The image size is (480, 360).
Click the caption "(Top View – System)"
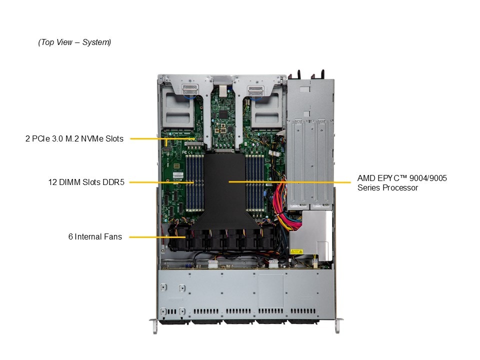74,42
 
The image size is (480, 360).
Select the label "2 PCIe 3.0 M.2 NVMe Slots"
74,138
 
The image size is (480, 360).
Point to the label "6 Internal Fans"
95,236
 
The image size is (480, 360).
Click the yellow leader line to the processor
290,182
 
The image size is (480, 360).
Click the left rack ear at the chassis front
154,323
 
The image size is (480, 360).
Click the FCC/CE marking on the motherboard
184,151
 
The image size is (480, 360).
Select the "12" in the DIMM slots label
52,182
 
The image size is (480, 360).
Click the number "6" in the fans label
70,236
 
